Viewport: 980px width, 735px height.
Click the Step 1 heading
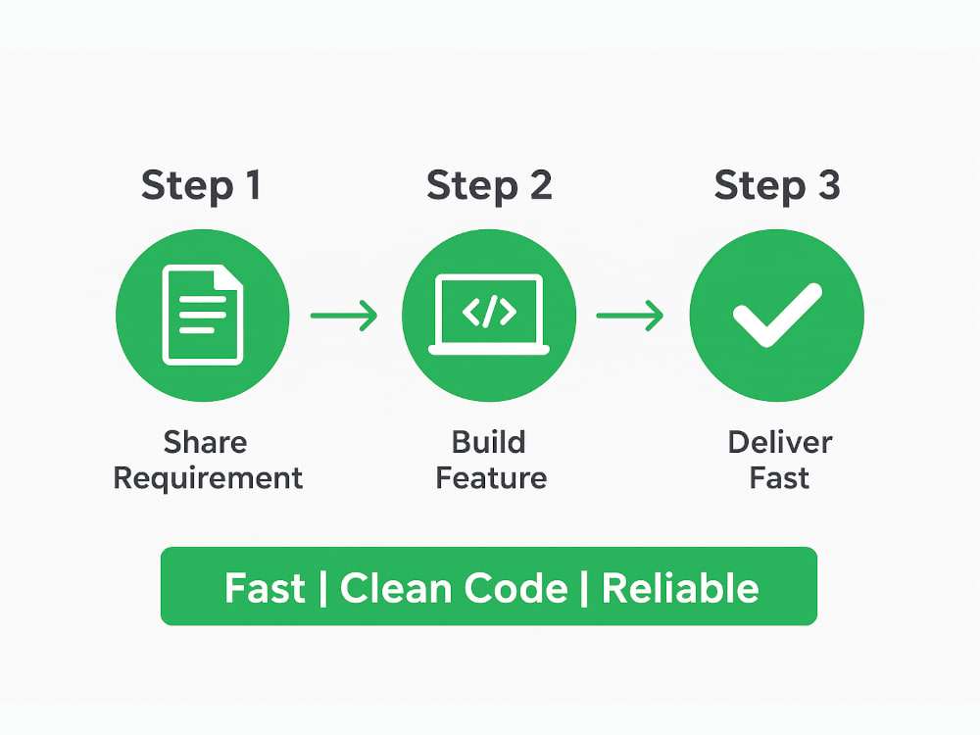tap(201, 186)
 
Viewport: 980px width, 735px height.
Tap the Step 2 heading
tap(489, 186)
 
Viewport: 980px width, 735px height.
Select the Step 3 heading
tap(777, 186)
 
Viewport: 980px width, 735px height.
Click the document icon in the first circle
tap(203, 315)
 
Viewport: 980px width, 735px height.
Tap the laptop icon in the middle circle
tap(489, 315)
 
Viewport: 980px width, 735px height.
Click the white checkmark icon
tap(777, 315)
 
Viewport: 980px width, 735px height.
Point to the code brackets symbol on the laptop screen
tap(489, 312)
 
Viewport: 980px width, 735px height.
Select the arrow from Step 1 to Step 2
tap(344, 316)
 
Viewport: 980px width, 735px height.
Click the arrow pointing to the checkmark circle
tap(630, 316)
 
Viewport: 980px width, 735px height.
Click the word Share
tap(205, 443)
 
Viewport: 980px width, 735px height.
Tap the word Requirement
tap(208, 479)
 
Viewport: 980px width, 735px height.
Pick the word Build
tap(489, 443)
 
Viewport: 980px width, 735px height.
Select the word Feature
tap(491, 479)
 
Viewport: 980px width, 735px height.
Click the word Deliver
tap(780, 443)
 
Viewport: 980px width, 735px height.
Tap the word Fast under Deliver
tap(779, 479)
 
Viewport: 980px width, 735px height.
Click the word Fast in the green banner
tap(265, 588)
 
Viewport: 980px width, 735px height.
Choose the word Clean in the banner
tap(396, 588)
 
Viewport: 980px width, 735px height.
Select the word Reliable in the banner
tap(681, 588)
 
